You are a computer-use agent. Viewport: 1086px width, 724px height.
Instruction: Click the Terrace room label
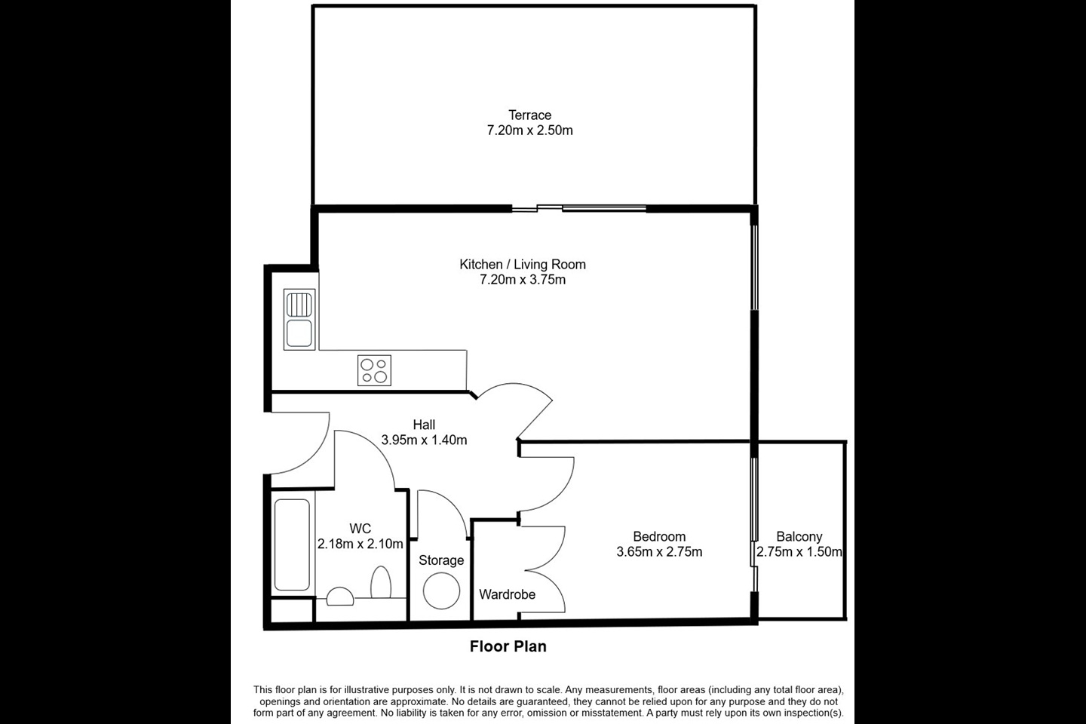[x=529, y=115]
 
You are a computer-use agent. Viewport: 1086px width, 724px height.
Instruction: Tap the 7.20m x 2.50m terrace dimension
[x=529, y=130]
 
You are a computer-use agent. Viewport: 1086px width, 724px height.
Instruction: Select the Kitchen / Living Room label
[x=523, y=265]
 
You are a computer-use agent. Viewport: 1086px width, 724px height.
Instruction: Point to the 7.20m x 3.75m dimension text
[x=523, y=280]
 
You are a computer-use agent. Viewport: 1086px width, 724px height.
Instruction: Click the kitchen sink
[x=299, y=320]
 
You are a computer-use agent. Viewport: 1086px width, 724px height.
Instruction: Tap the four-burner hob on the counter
[x=374, y=370]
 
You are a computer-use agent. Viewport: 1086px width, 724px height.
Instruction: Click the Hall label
[x=424, y=425]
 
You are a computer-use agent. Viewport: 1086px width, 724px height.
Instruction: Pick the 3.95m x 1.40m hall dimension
[x=424, y=440]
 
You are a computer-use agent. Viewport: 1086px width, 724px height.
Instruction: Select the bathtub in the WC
[x=292, y=545]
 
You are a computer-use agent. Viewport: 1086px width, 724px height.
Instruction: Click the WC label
[x=360, y=529]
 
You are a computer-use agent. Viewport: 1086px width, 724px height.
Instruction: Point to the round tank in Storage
[x=441, y=591]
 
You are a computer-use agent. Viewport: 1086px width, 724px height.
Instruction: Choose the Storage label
[x=441, y=560]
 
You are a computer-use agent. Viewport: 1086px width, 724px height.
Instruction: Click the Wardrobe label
[x=507, y=594]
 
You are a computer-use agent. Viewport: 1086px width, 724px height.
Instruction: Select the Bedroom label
[x=659, y=537]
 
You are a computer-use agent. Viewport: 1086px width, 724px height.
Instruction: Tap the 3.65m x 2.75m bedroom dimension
[x=659, y=552]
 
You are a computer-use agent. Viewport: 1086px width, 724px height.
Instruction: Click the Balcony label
[x=799, y=537]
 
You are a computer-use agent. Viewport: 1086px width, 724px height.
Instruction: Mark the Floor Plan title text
[x=508, y=646]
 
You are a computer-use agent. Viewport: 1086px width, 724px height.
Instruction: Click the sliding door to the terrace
[x=578, y=209]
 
